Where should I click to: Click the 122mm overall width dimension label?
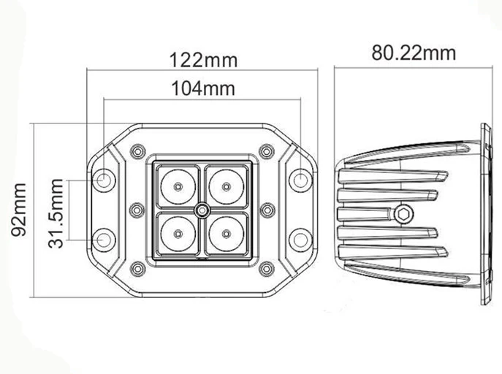203,59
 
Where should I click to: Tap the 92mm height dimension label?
20,210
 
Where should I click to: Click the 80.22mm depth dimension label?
414,53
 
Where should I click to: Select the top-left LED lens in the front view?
177,186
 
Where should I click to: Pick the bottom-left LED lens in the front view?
177,233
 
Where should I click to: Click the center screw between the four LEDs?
200,210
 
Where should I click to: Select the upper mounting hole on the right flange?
299,180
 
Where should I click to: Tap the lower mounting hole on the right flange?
299,239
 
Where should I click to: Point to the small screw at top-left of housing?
137,151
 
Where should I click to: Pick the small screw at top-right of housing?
266,151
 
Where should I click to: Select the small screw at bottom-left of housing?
137,269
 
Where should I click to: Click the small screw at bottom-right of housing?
266,269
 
